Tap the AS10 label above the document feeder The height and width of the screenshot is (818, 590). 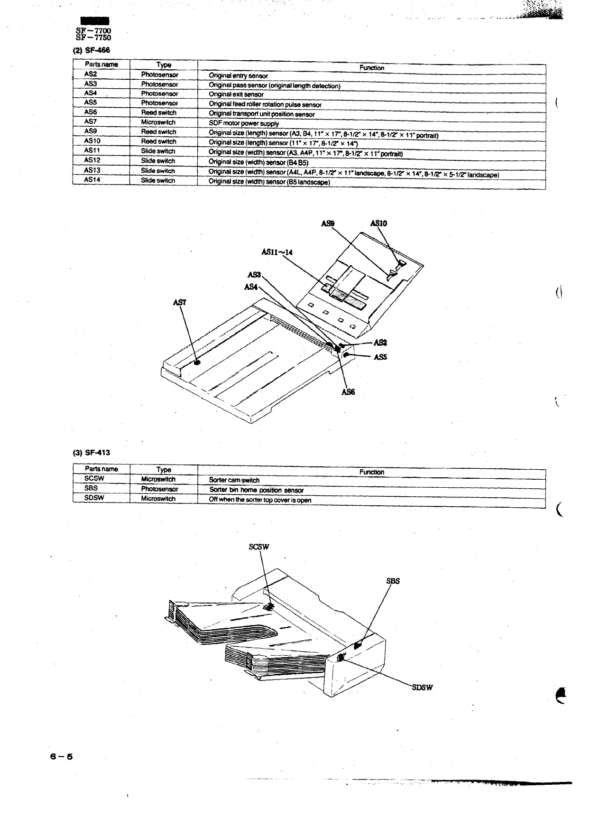tap(378, 223)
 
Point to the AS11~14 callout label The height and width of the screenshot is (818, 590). tap(277, 252)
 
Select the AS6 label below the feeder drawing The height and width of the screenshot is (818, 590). tap(348, 392)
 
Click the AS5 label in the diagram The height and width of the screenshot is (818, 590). tap(380, 357)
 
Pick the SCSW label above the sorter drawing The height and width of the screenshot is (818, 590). tap(259, 547)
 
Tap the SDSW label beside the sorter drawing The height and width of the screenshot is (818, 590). tap(421, 688)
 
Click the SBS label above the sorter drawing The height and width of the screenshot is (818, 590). tap(393, 581)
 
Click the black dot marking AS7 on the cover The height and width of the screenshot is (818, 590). tap(197, 362)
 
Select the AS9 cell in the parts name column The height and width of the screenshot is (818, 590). tap(91, 131)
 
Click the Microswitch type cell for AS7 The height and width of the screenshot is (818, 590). tap(158, 122)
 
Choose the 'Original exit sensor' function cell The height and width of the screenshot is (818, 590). tap(236, 94)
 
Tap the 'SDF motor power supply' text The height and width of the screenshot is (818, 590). tap(244, 123)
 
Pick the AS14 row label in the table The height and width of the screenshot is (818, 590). tap(92, 180)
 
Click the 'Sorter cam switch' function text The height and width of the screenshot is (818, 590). tap(234, 480)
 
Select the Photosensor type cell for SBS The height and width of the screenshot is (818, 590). tap(159, 489)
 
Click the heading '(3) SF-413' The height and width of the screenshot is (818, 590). tap(91, 452)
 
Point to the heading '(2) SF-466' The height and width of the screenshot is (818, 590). tap(91, 50)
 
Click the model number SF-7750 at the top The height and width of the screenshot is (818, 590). tap(93, 38)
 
